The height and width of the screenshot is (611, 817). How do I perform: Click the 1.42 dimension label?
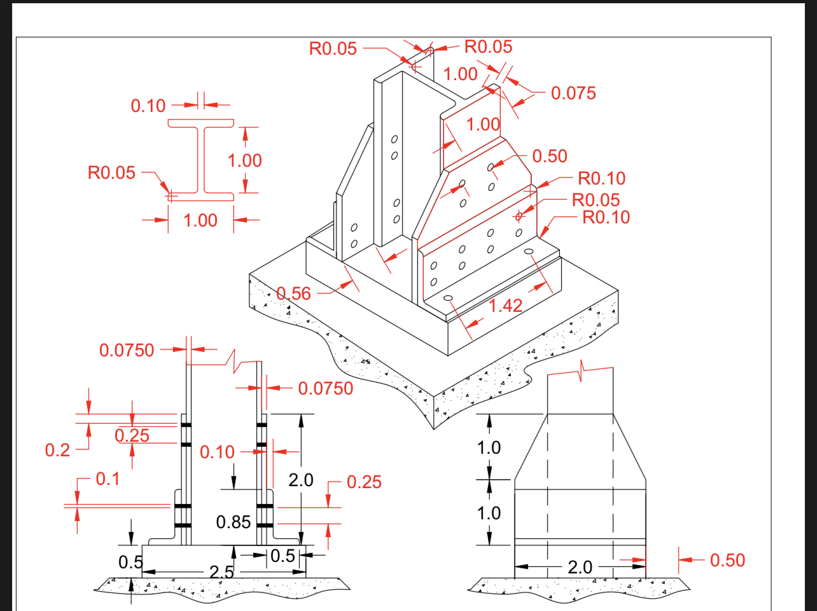point(505,305)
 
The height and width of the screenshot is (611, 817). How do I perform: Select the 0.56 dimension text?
point(294,293)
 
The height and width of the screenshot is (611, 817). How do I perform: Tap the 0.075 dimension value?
point(573,93)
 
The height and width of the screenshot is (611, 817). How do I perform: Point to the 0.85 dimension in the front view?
point(234,523)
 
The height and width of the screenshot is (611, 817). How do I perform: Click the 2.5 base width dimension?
point(221,572)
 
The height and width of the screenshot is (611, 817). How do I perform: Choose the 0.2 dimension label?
point(57,451)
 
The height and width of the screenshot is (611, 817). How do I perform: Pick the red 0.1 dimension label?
point(108,479)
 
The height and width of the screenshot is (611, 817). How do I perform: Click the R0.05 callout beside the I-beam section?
point(111,172)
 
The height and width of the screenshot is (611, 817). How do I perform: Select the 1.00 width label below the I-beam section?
point(200,220)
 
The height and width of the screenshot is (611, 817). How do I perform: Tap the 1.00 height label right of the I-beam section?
point(245,160)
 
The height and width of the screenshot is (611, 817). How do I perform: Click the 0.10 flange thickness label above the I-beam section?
point(148,106)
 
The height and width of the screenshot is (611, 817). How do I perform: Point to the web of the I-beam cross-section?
point(201,159)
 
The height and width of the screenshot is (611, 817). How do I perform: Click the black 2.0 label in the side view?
point(580,566)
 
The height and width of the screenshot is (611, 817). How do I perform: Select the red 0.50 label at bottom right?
point(727,560)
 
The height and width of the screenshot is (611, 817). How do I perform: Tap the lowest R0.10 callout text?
point(606,217)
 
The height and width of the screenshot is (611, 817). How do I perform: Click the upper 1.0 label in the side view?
point(489,448)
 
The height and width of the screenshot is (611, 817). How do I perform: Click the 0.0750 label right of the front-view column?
point(325,388)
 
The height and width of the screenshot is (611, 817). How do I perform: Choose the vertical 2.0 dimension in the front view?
point(301,480)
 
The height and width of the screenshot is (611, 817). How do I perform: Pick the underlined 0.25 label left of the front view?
point(132,436)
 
